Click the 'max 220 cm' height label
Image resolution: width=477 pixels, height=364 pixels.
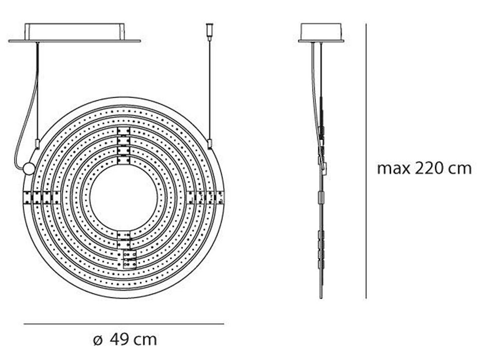click(424, 168)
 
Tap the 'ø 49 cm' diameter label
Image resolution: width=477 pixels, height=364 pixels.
click(125, 339)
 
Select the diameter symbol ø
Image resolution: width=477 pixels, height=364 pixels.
click(98, 341)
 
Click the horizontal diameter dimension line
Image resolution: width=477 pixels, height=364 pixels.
click(124, 324)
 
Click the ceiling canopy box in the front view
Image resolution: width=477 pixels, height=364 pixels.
click(74, 32)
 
